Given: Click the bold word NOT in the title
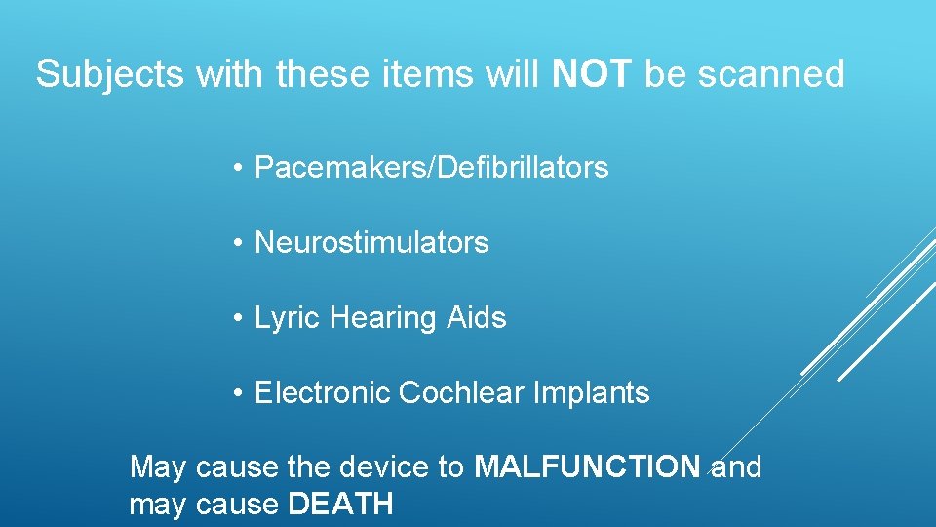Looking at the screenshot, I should coord(594,74).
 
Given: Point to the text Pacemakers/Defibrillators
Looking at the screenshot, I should coord(431,168).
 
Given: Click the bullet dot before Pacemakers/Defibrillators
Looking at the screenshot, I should coord(238,169).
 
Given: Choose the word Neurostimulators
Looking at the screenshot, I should coord(371,242).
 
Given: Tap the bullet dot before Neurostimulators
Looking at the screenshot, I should coord(238,244).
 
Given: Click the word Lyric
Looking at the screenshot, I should coord(288,318).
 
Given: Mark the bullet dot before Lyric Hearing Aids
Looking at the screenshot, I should coord(238,319).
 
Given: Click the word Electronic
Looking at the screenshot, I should coord(322,392).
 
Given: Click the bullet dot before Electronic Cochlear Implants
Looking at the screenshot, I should coord(238,394).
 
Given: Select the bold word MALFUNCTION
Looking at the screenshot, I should coord(587,467).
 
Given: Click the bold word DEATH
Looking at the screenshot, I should coord(340,504).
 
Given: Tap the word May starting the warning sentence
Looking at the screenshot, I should coord(158,468).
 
